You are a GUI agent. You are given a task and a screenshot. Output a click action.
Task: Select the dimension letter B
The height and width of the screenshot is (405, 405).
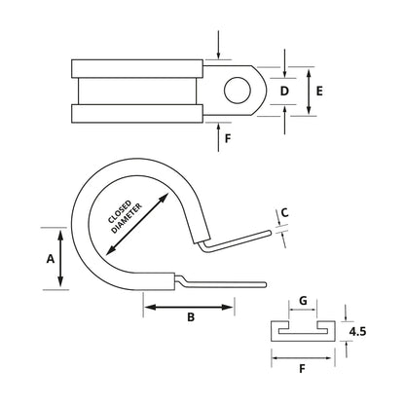click(x=190, y=318)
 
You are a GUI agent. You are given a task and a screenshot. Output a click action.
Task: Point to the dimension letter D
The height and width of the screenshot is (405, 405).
click(x=284, y=92)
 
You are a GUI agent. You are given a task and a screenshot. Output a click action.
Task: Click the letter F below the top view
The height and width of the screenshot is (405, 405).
click(x=227, y=139)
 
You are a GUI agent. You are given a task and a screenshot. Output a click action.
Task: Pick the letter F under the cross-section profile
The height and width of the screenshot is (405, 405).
click(x=302, y=371)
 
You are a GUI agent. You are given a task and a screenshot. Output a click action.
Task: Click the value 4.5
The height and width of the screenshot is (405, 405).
click(x=360, y=333)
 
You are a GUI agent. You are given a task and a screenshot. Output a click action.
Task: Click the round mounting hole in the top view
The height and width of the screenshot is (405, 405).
click(x=236, y=92)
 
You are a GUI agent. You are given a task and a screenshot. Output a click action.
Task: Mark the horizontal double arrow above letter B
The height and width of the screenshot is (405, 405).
click(x=190, y=307)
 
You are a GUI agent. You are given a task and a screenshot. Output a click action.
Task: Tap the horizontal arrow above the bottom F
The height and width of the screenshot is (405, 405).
click(x=302, y=357)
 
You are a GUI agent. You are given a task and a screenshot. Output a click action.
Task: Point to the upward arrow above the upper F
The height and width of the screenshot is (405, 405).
click(x=219, y=134)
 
